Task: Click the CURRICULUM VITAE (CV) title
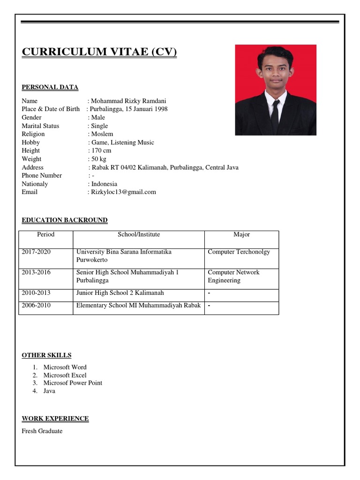[99, 52]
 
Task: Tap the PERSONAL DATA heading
[50, 87]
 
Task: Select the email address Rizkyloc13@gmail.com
[124, 192]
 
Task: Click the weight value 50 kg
[99, 159]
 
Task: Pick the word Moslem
[102, 134]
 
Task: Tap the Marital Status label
[40, 126]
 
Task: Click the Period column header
[45, 234]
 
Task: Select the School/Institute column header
[139, 234]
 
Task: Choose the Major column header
[241, 234]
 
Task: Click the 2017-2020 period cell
[36, 252]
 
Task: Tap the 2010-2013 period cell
[36, 292]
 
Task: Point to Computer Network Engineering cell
[233, 276]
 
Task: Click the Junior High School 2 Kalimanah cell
[120, 292]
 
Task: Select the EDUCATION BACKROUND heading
[65, 220]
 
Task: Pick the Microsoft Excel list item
[65, 375]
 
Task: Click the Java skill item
[49, 390]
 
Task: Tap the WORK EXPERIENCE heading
[55, 418]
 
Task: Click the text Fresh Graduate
[42, 431]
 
